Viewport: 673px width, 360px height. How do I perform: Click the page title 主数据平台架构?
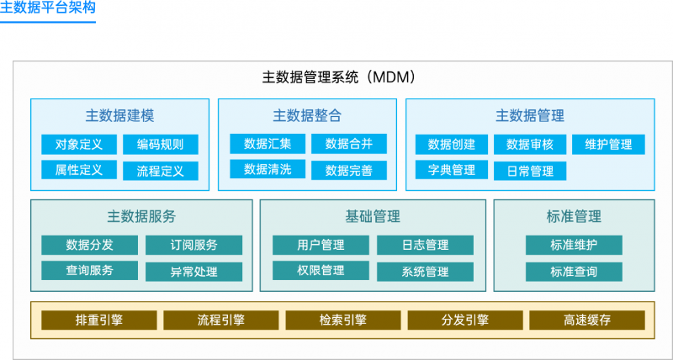point(48,10)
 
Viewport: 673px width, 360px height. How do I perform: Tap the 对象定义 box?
point(79,145)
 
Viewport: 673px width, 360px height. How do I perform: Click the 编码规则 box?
point(160,145)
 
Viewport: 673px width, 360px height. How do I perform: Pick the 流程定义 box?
point(160,171)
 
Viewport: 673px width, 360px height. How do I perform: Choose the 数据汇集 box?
point(268,144)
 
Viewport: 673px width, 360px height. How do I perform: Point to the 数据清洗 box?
point(268,170)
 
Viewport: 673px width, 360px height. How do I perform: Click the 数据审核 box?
point(529,145)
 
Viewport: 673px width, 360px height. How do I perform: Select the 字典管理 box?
point(452,171)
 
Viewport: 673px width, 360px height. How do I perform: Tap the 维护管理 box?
point(608,145)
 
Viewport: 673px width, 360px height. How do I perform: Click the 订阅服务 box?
point(193,246)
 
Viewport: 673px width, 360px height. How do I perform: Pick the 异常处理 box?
point(193,272)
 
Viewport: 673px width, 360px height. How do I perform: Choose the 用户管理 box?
point(321,246)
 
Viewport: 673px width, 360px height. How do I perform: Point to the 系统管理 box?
point(425,272)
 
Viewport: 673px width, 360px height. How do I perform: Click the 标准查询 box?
point(574,272)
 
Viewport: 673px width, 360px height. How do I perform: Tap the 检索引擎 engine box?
point(342,320)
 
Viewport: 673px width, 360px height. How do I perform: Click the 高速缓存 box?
point(586,320)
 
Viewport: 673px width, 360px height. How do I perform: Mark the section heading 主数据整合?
point(306,115)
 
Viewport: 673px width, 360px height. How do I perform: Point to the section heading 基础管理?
point(373,216)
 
